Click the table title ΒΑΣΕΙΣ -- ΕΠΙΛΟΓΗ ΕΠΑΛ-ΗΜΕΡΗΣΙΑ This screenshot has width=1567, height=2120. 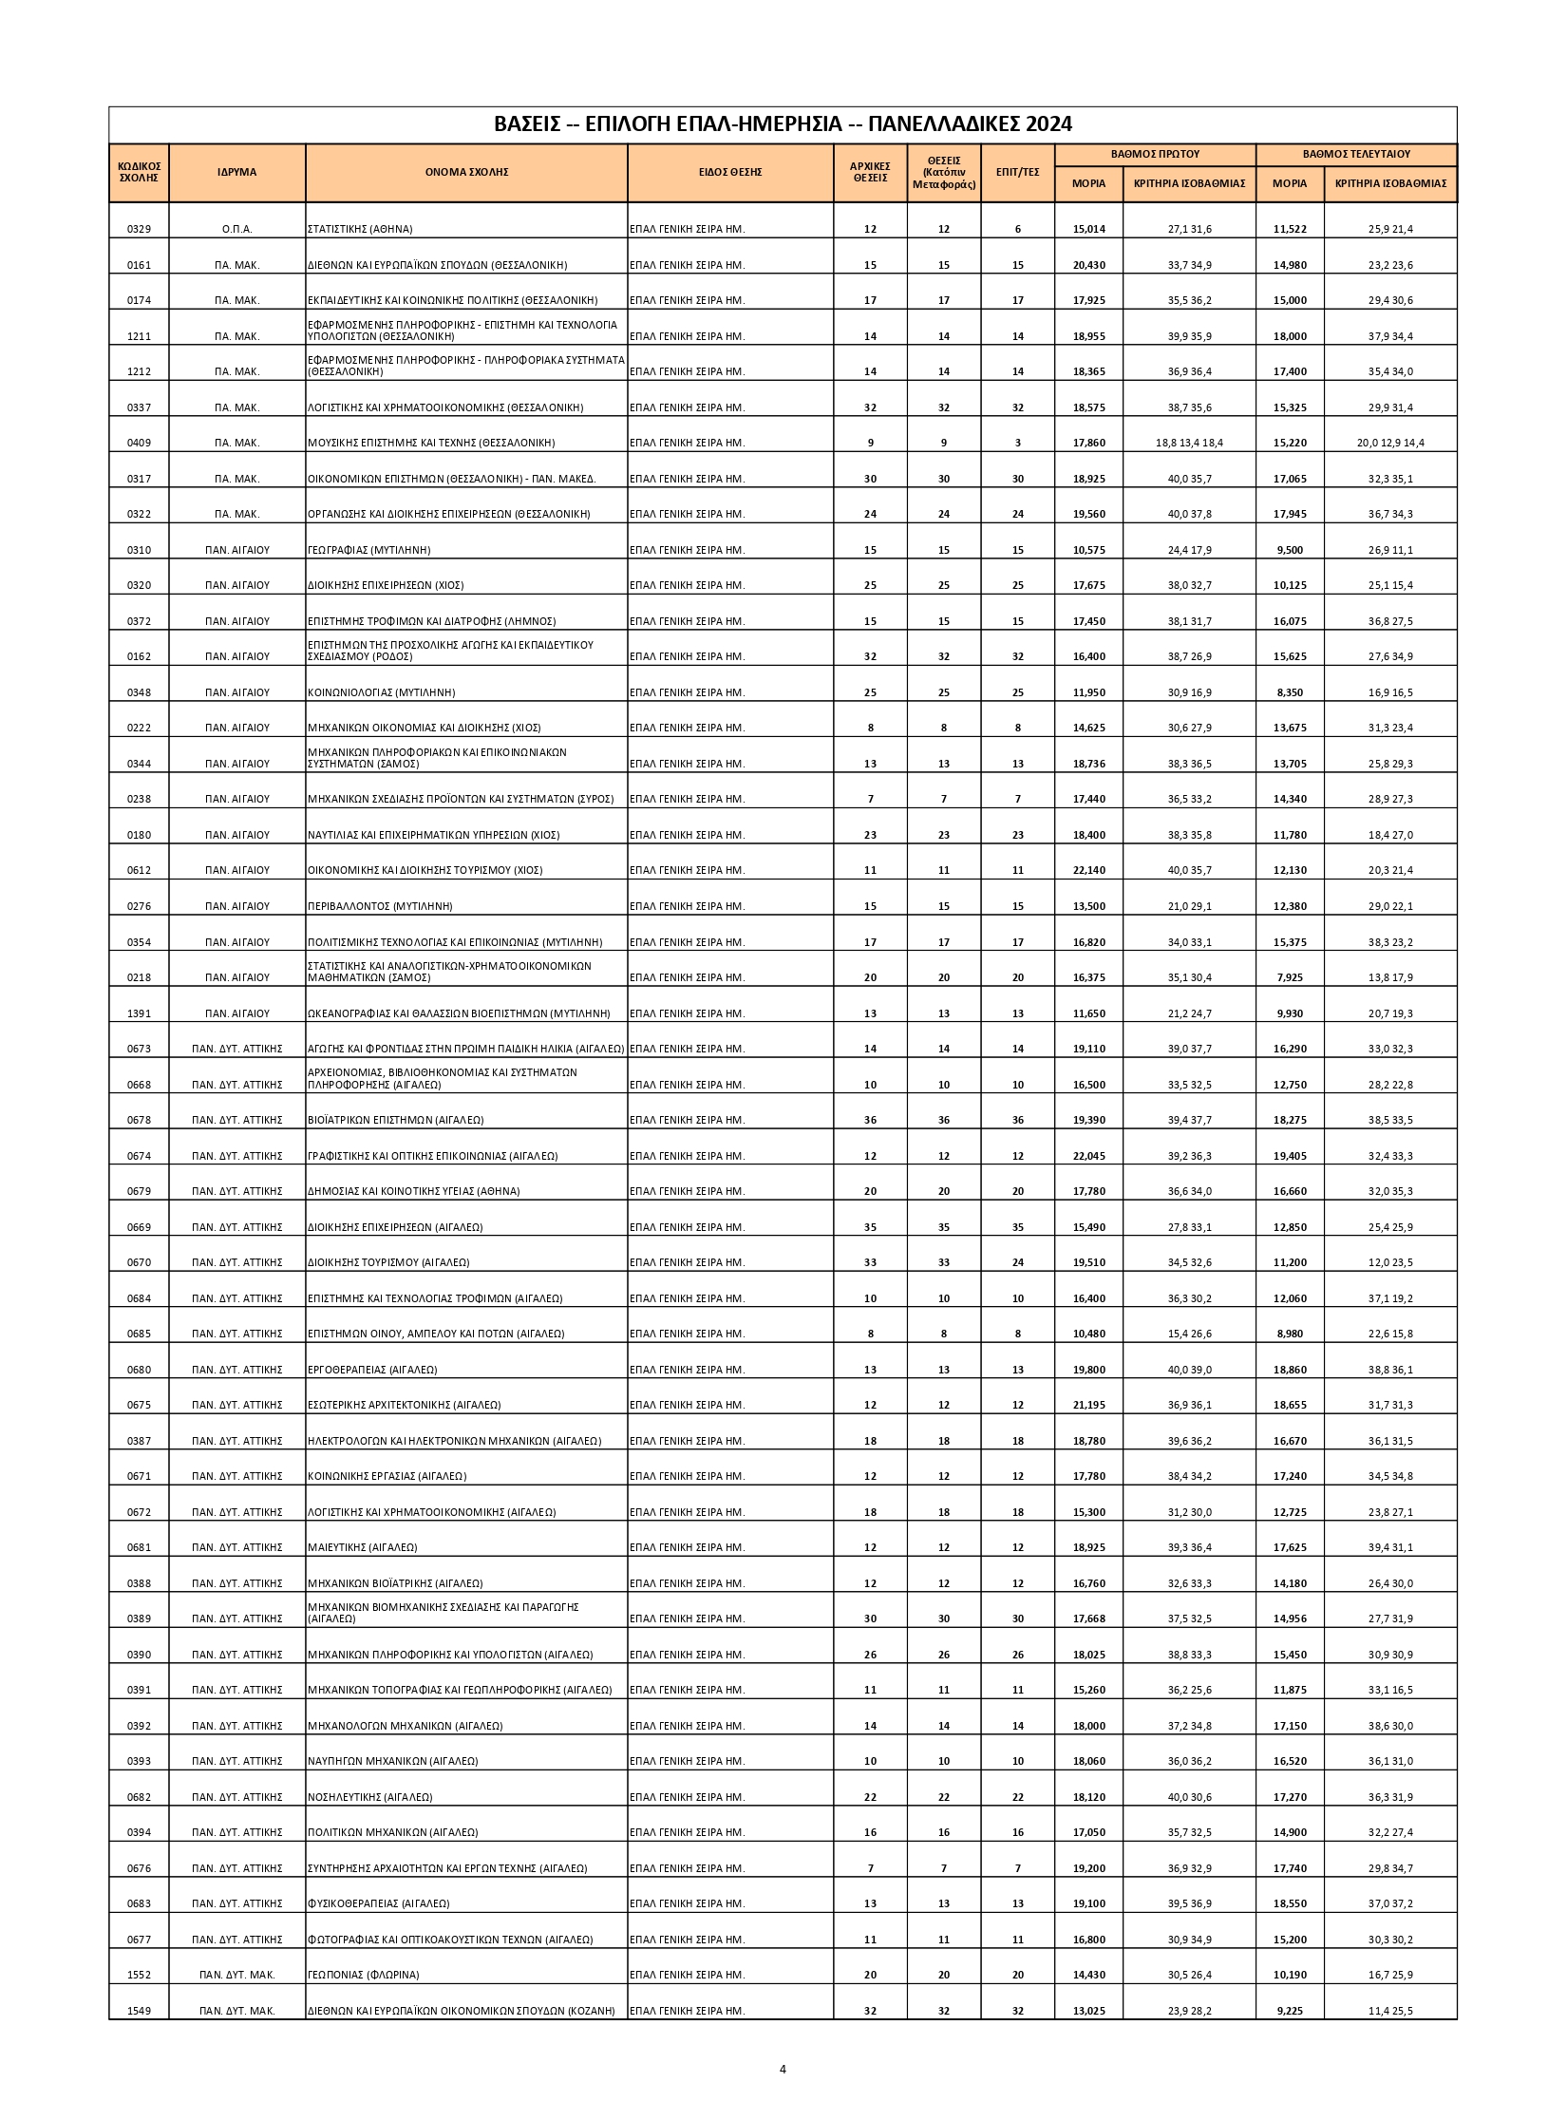click(783, 124)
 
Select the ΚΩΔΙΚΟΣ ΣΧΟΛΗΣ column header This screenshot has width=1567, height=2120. click(139, 172)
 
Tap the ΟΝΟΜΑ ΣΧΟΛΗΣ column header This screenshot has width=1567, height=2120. click(466, 172)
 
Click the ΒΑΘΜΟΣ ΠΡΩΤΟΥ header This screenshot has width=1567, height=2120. click(1155, 153)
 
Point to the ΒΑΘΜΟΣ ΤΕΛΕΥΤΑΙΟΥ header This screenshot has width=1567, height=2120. click(1355, 153)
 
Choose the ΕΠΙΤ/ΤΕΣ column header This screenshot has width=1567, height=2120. click(1017, 172)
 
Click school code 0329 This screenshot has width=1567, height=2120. click(139, 229)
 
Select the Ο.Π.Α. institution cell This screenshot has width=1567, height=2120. click(236, 229)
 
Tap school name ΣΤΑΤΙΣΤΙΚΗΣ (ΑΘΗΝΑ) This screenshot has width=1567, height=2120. click(360, 229)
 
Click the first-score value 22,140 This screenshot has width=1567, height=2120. click(1088, 870)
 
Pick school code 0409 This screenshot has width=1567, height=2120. click(139, 443)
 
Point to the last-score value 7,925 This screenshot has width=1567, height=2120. click(1290, 977)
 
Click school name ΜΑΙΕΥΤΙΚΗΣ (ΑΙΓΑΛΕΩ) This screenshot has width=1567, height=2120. click(363, 1547)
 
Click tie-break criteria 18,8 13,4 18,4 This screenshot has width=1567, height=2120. click(1189, 443)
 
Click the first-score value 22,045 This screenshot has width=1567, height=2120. click(1088, 1156)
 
